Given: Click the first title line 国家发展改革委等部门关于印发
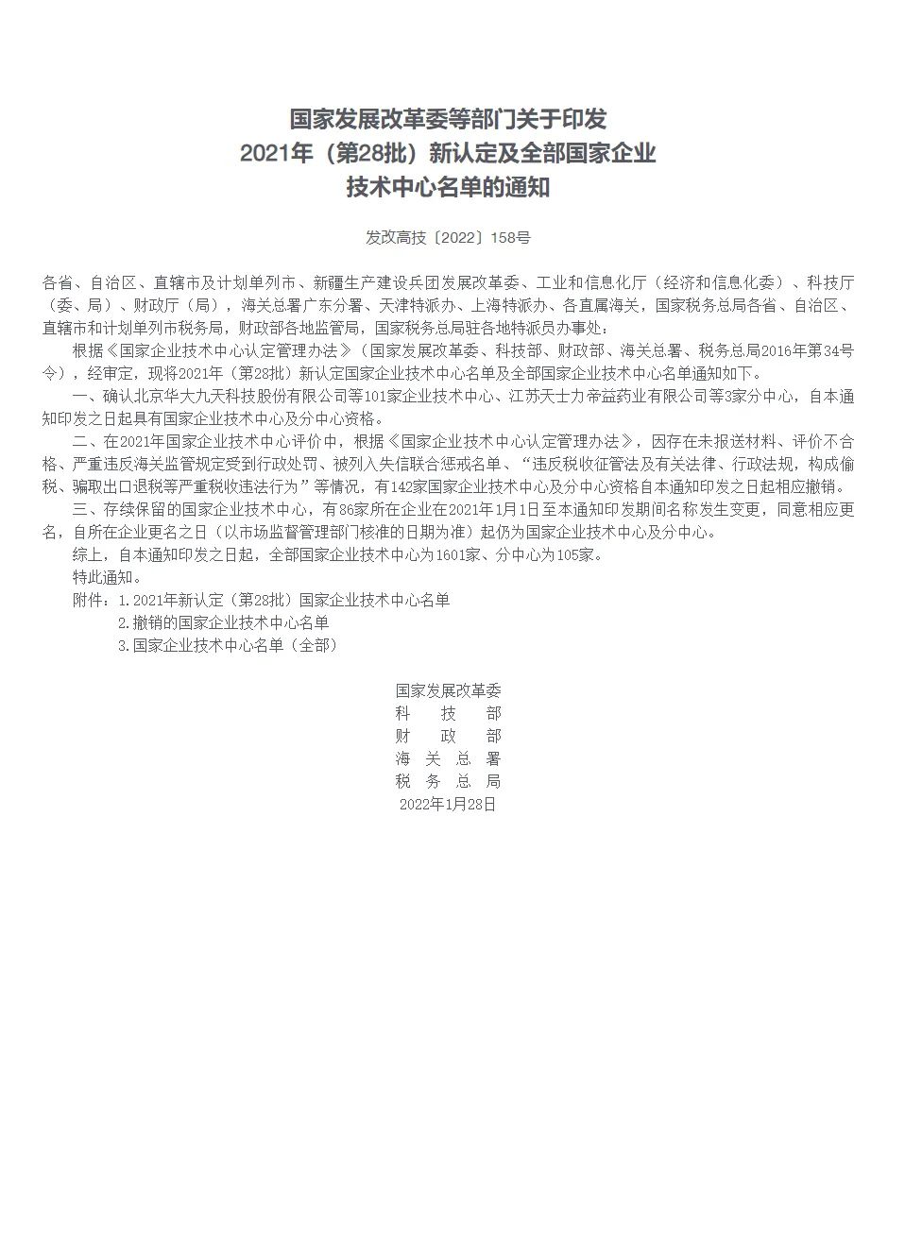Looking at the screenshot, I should point(448,119).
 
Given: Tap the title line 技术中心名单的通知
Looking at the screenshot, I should point(448,187).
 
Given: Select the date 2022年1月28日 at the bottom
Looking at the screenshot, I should point(448,804).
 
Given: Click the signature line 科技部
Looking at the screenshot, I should point(448,713).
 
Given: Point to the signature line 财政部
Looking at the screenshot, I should point(448,736).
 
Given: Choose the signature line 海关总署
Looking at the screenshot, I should point(448,758).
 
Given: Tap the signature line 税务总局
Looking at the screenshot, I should point(448,781).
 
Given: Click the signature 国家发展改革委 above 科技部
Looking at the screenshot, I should point(448,690).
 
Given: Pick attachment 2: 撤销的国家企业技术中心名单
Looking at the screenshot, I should point(224,622).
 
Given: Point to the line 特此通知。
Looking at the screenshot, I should point(107,577).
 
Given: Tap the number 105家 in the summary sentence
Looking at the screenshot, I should point(576,554).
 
